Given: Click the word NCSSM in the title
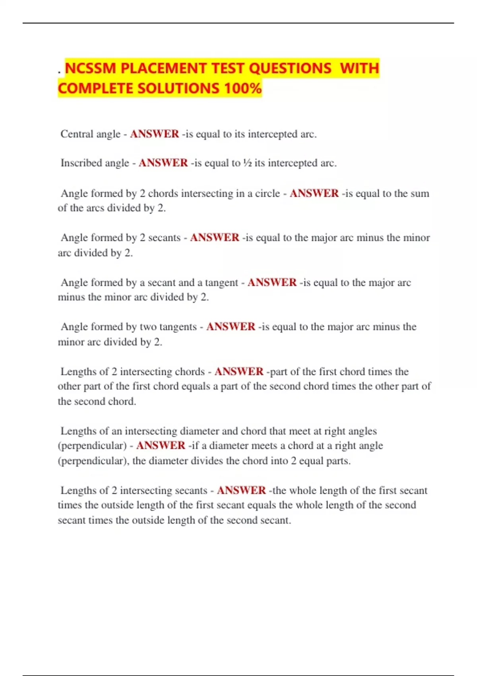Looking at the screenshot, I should (x=90, y=68).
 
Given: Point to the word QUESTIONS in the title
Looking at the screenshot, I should (x=290, y=68).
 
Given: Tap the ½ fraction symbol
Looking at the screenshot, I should (x=247, y=163).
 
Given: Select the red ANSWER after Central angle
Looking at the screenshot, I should (x=154, y=134).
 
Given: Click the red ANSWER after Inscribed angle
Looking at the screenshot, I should (x=163, y=163).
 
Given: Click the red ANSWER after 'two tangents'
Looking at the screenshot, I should (x=231, y=327).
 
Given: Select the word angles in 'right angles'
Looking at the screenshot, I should (x=363, y=431).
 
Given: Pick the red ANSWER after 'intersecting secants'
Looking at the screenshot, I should (x=241, y=490).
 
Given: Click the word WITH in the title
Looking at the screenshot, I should (x=360, y=68).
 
